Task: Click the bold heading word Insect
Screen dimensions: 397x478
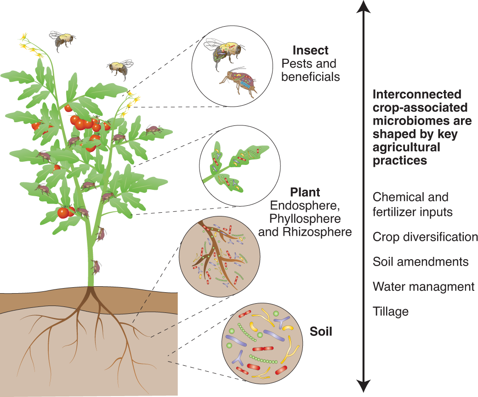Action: pos(311,50)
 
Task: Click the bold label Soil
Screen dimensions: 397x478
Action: pos(321,331)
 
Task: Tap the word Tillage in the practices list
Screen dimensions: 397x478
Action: pos(391,312)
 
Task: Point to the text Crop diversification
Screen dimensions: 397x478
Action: pos(425,237)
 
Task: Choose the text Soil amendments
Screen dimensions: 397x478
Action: pos(421,262)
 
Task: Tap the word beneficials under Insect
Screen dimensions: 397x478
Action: pos(311,76)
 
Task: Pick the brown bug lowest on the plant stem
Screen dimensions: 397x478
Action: pos(96,267)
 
